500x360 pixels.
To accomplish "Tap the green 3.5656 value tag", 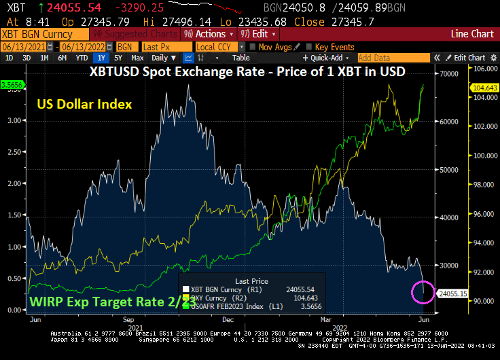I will [x=12, y=84].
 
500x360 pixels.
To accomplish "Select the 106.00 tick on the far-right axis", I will [x=483, y=68].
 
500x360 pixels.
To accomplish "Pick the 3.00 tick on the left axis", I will [x=12, y=120].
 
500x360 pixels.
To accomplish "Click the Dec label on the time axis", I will [x=227, y=318].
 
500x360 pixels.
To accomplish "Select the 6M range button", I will [x=62, y=58].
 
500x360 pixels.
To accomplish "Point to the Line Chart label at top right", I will [x=472, y=33].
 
